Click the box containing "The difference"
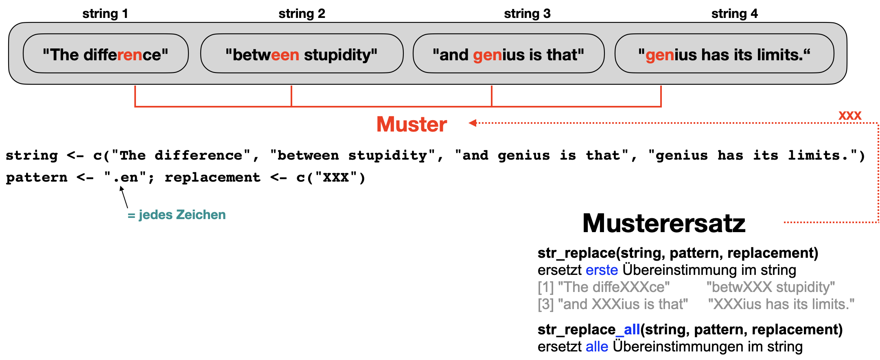click(x=105, y=54)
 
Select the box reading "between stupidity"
click(x=302, y=54)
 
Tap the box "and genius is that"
click(x=508, y=54)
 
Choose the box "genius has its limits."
click(x=724, y=54)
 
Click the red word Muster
click(x=412, y=124)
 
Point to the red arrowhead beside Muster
click(x=472, y=123)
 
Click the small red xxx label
click(x=850, y=115)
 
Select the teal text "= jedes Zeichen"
click(x=177, y=215)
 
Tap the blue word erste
click(x=602, y=270)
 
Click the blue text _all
click(x=628, y=329)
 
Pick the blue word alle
click(x=597, y=347)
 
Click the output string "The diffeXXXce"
click(x=614, y=287)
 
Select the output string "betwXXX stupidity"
click(x=771, y=287)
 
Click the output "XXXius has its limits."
click(x=781, y=304)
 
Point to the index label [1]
click(x=545, y=287)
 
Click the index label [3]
click(x=545, y=304)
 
